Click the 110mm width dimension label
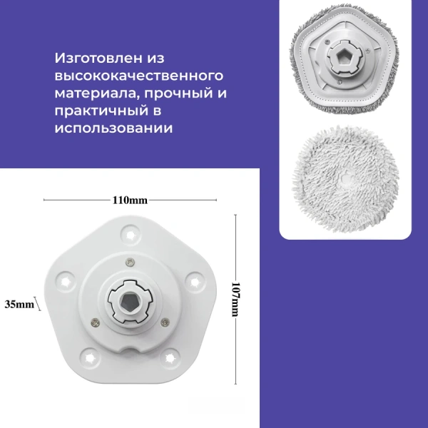pos(130,200)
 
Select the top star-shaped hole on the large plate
pos(131,232)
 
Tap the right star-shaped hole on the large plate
pos(199,281)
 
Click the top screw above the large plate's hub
pos(130,260)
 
